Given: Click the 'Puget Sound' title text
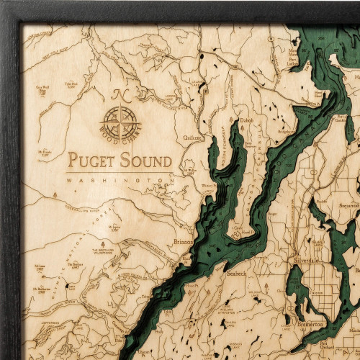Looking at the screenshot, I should (120, 160).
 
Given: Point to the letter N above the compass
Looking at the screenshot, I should (117, 93).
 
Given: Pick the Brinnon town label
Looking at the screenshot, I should (184, 243).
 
